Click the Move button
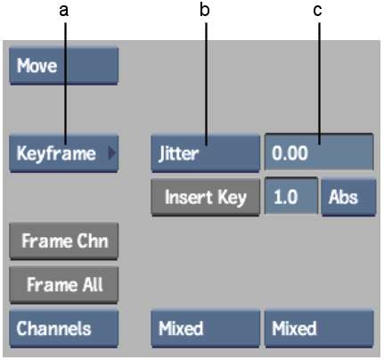click(x=64, y=66)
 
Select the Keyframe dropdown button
click(x=64, y=153)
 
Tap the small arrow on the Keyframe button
click(x=111, y=153)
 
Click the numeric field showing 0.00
click(x=319, y=152)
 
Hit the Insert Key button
click(x=206, y=197)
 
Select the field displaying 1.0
click(x=291, y=195)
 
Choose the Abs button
click(x=348, y=197)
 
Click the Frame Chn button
click(x=64, y=241)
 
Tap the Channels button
click(x=64, y=329)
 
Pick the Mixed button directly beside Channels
click(x=206, y=329)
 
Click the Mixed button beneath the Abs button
click(x=319, y=329)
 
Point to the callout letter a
click(x=64, y=12)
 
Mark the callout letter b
click(x=205, y=10)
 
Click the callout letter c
click(x=317, y=12)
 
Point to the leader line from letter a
click(x=65, y=84)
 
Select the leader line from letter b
click(x=206, y=84)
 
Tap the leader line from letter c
click(x=319, y=84)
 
